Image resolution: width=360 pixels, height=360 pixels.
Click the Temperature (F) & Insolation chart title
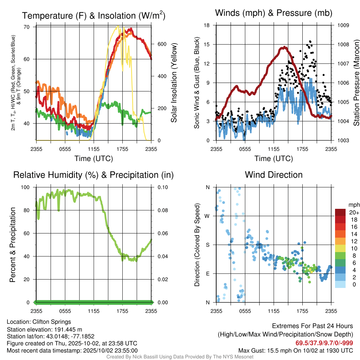coord(94,15)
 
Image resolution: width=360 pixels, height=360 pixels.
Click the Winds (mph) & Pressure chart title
coord(274,13)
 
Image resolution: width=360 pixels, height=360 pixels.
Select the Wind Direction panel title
coord(274,175)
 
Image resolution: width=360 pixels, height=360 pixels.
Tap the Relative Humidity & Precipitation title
coord(93,175)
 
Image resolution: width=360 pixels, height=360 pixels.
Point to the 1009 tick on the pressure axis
coord(343,25)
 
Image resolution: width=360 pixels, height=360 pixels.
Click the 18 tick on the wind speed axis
coord(207,25)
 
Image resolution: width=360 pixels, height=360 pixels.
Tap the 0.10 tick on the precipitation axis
coord(162,187)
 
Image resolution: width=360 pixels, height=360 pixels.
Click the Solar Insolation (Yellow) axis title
coord(174,83)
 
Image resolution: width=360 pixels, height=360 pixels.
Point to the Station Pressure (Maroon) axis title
coord(355,83)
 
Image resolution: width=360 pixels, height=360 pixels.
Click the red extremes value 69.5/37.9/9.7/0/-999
coord(324,343)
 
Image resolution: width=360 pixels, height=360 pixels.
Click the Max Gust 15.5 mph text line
coord(296,351)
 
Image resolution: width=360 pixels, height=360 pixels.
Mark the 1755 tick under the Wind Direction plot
coord(302,311)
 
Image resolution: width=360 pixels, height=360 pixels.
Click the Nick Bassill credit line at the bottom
coord(180,357)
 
